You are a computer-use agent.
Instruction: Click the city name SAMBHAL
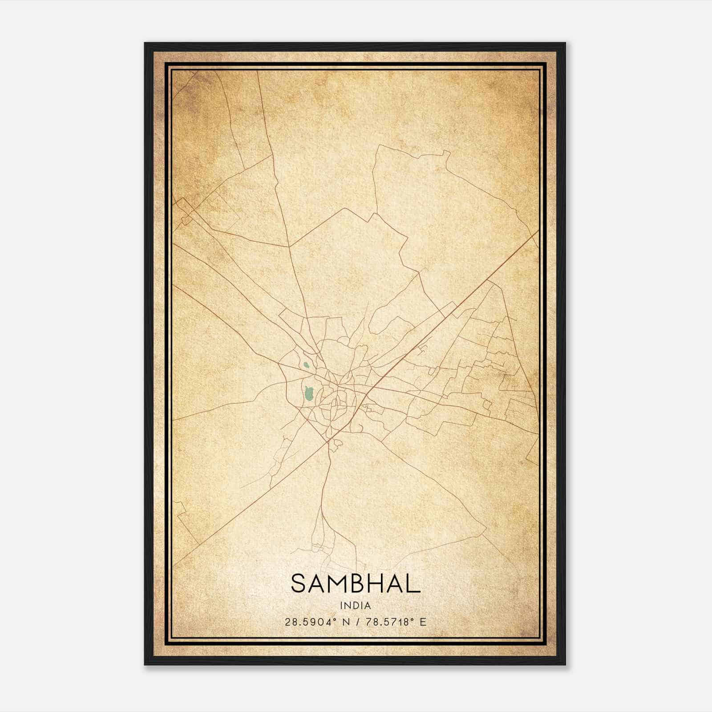(356, 583)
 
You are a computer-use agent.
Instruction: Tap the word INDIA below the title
(356, 605)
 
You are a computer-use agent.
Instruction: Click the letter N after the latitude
(345, 622)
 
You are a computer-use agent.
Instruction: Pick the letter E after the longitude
(423, 622)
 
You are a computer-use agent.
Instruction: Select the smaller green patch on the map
(306, 365)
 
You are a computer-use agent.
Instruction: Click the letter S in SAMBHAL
(299, 583)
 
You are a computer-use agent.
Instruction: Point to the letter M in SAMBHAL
(338, 583)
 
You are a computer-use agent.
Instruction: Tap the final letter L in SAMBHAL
(414, 583)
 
